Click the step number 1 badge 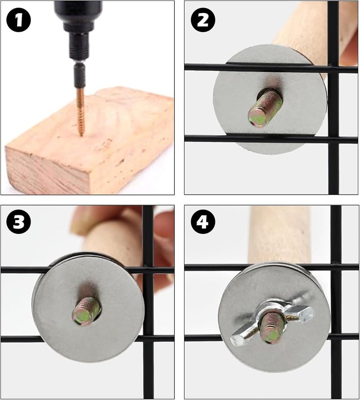(18, 20)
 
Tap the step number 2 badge (203, 20)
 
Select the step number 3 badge (18, 222)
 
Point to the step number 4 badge (203, 222)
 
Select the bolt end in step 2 (265, 109)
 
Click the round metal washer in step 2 (270, 99)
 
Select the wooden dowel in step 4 (280, 235)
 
